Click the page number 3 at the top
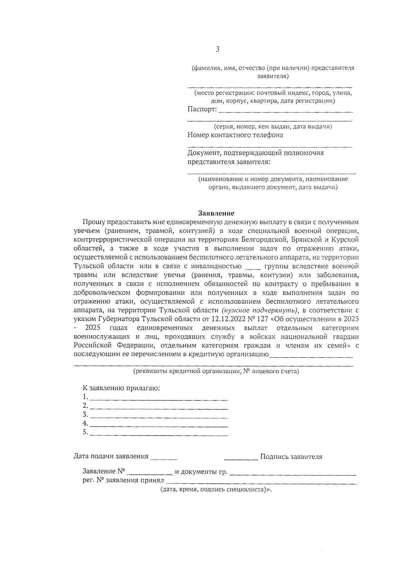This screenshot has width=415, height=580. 218,49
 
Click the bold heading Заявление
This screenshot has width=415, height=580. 216,213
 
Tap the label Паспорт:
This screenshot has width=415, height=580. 202,109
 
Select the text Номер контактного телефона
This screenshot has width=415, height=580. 235,135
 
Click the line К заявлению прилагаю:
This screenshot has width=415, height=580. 121,388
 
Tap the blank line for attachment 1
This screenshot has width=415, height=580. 159,399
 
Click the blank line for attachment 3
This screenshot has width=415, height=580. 159,417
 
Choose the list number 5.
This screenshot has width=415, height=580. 85,432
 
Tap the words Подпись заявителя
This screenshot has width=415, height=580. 291,457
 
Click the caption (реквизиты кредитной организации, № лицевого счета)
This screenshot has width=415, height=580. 216,371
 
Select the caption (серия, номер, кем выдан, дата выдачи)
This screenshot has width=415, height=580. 273,126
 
